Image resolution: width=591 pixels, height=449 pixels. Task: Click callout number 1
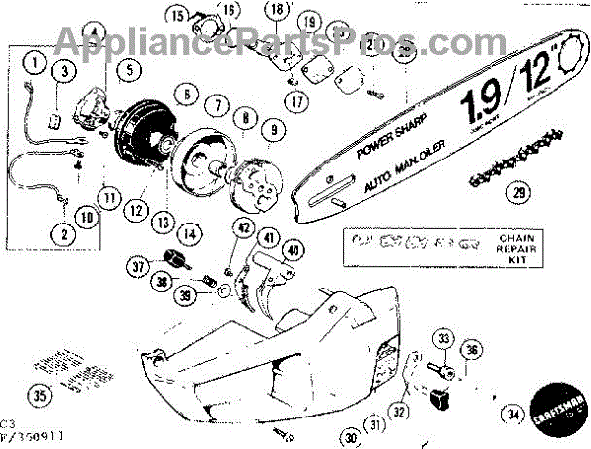(37, 65)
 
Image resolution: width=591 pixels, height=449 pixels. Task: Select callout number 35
(63, 71)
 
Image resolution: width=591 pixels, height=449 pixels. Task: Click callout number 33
(445, 341)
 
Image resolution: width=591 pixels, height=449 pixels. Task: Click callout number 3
(63, 71)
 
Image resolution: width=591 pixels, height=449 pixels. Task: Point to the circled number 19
(310, 21)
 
